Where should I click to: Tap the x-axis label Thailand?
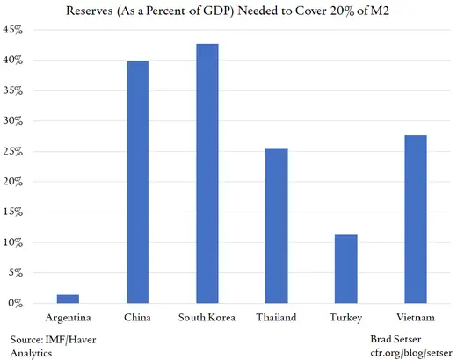coord(276,315)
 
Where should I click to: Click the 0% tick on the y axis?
coord(26,303)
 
